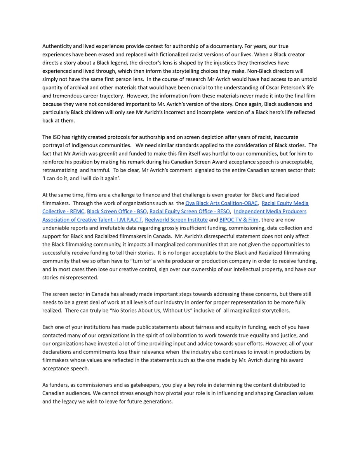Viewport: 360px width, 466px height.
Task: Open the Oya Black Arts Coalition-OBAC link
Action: tap(221, 203)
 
